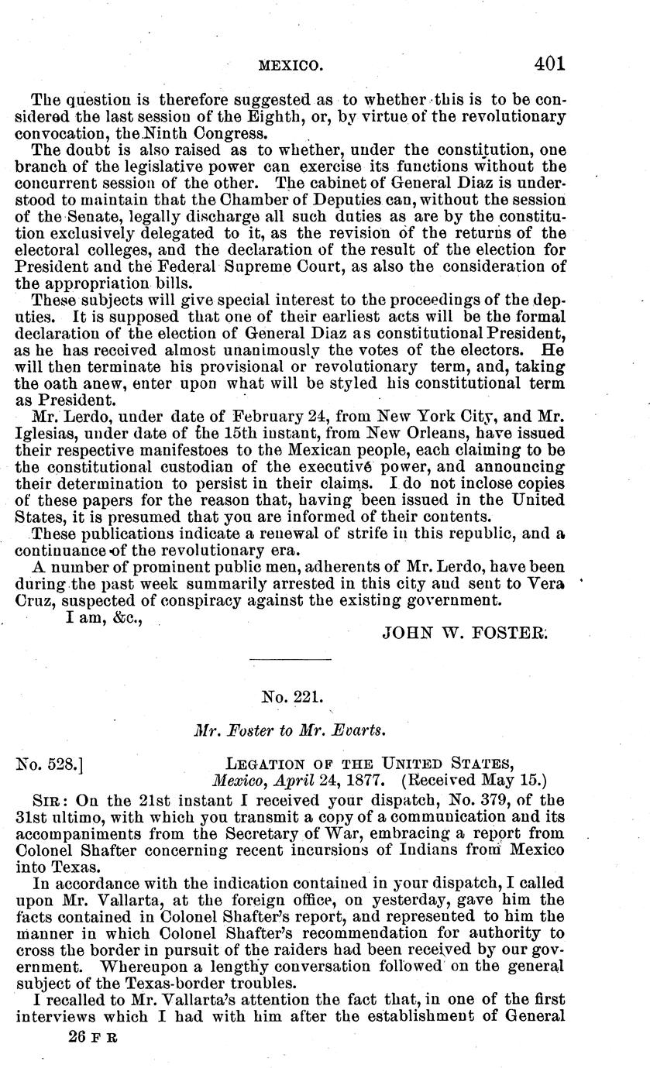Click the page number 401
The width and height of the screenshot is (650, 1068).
click(x=549, y=64)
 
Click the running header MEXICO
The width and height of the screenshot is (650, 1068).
click(x=290, y=67)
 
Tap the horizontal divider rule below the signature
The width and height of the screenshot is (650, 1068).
click(x=291, y=659)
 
